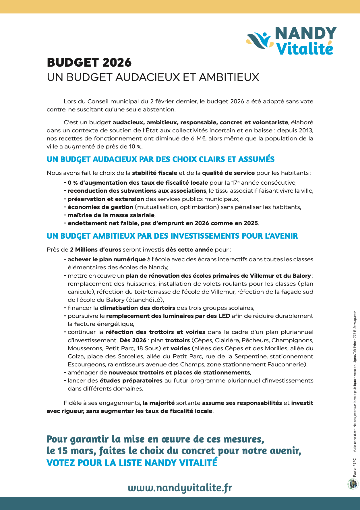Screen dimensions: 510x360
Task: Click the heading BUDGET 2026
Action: point(89,63)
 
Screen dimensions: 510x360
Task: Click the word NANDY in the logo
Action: point(305,34)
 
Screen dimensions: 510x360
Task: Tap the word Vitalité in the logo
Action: point(304,49)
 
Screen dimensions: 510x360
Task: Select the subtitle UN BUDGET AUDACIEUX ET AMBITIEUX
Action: point(153,77)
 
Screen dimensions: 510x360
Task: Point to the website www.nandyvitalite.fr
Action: point(180,487)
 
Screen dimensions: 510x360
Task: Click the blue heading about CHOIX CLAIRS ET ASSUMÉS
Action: point(160,159)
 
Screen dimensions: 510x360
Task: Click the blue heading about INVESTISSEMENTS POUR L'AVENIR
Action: point(172,236)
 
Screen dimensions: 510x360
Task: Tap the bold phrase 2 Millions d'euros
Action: point(96,250)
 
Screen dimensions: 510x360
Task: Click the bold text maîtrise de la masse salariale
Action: point(111,215)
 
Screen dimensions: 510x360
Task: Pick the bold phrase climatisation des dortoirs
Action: point(137,308)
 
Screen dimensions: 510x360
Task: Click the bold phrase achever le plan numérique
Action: point(107,259)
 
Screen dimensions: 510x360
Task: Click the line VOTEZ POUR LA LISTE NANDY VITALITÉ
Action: point(132,463)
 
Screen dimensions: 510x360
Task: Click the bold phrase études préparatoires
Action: point(131,380)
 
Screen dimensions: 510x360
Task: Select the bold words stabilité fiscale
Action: point(154,173)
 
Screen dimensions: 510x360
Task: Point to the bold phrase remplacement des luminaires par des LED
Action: point(168,316)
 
